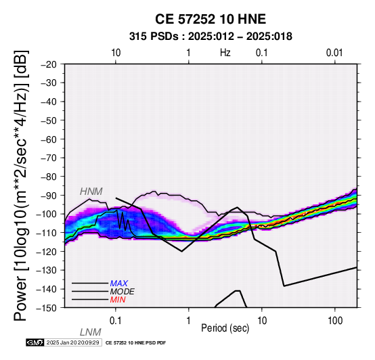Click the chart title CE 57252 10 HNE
(211, 19)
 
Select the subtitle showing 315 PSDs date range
(211, 37)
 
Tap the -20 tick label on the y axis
(49, 64)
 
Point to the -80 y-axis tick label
(49, 177)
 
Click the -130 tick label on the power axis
(46, 271)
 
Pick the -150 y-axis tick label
(46, 308)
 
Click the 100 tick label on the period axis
(335, 321)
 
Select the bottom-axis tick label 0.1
(116, 321)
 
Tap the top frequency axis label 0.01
(334, 53)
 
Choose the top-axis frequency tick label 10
(116, 53)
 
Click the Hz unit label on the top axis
(225, 53)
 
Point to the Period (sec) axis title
(225, 328)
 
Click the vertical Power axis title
(21, 185)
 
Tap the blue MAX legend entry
(119, 284)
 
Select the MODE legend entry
(123, 292)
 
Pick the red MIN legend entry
(118, 300)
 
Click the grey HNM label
(91, 192)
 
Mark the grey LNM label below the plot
(91, 332)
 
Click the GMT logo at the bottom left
(35, 342)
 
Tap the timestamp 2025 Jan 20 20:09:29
(72, 342)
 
